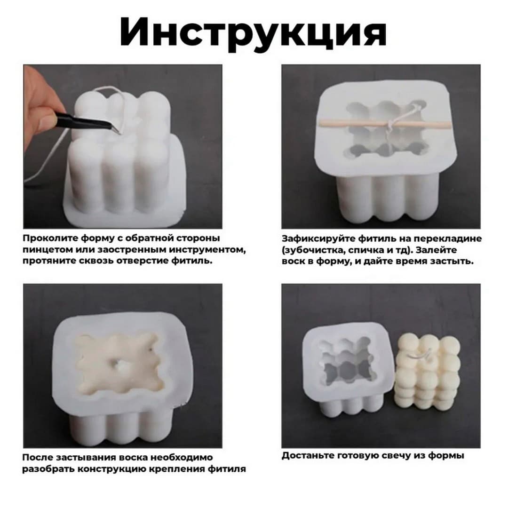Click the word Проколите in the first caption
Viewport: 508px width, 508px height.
(48, 238)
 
